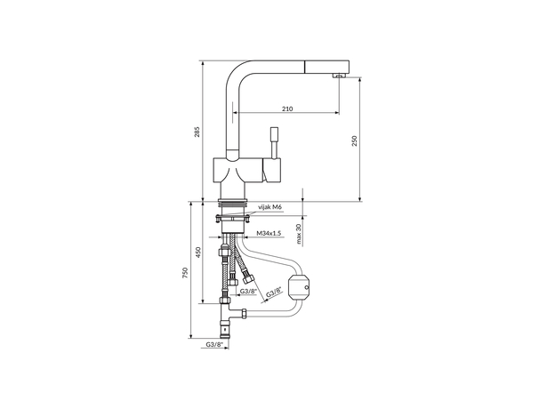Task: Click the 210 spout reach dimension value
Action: [x=287, y=108]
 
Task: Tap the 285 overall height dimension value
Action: [x=197, y=132]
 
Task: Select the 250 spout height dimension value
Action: [x=355, y=140]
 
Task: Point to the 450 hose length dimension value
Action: [x=198, y=253]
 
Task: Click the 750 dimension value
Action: [x=184, y=273]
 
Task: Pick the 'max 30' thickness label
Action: [x=299, y=234]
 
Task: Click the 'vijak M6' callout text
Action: [x=269, y=207]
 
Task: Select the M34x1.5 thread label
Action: [x=269, y=233]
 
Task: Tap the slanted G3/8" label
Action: [x=275, y=292]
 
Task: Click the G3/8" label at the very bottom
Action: [x=215, y=344]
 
